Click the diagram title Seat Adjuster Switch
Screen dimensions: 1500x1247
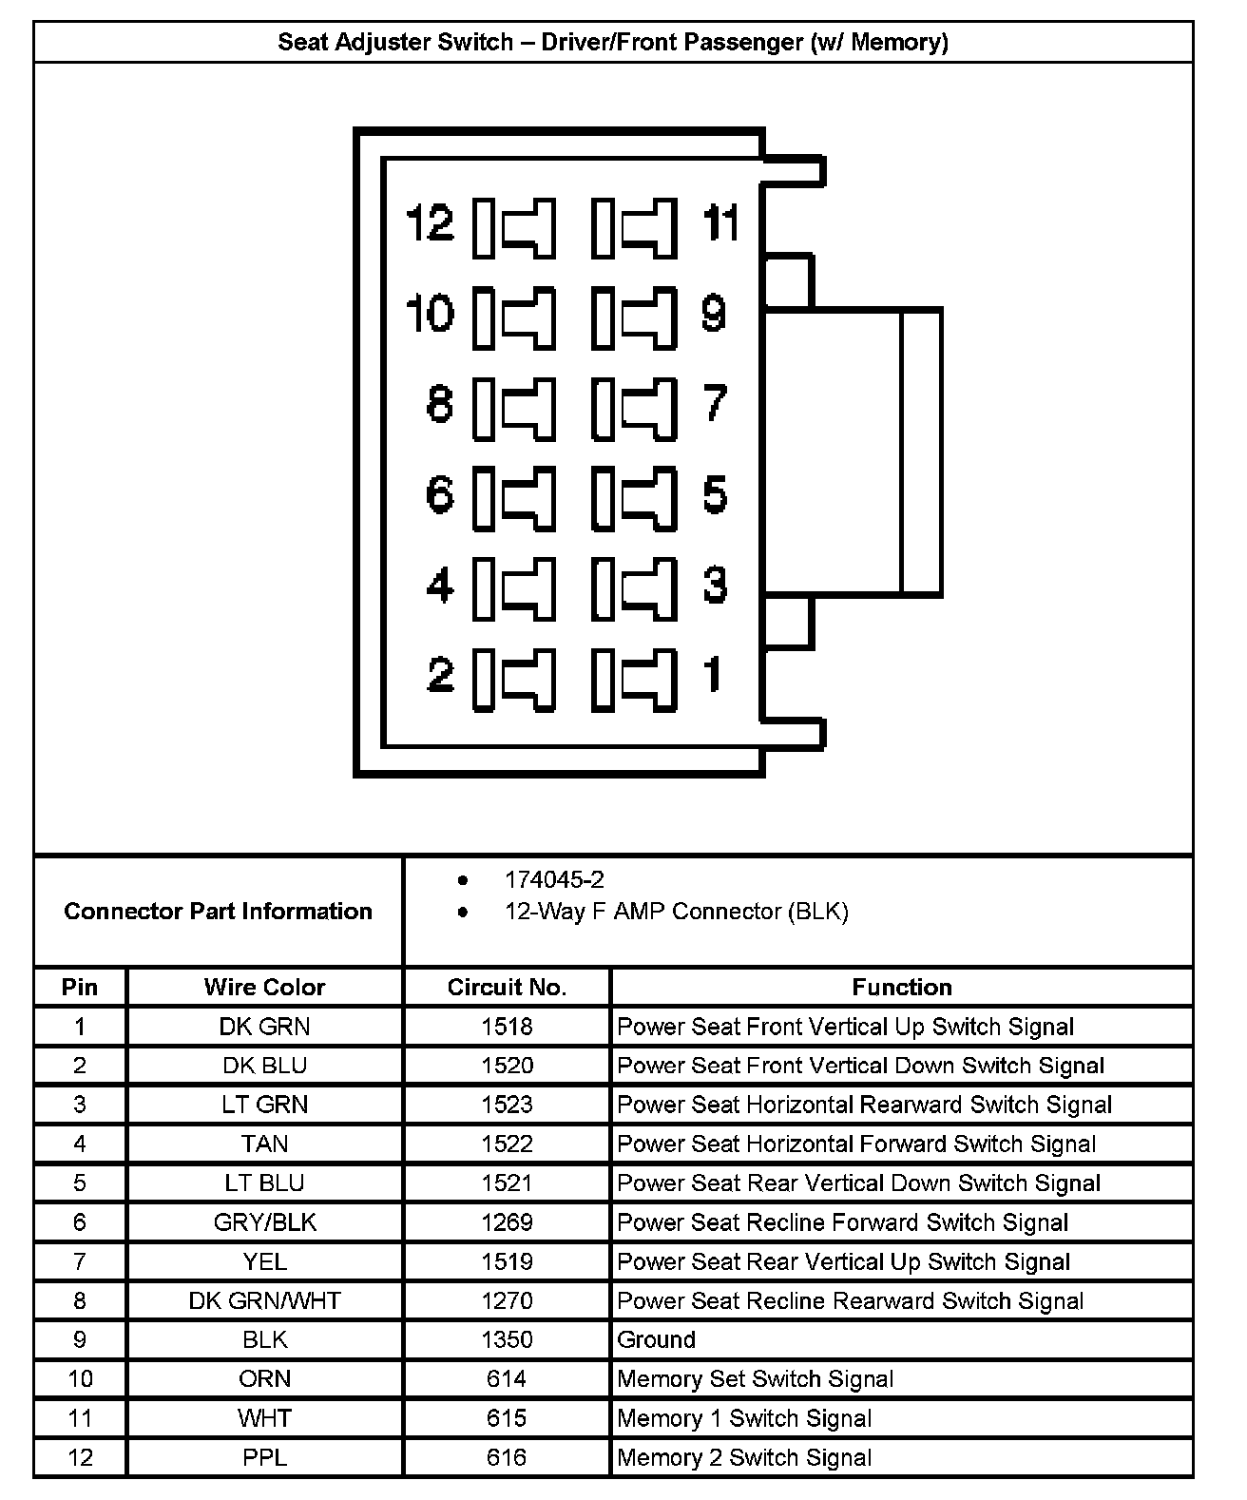[612, 42]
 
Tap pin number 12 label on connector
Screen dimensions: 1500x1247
[430, 224]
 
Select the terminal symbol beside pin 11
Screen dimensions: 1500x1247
[635, 228]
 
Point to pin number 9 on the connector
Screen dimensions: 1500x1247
[714, 314]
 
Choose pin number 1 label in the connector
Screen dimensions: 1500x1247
[712, 674]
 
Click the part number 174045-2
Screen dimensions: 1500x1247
[554, 879]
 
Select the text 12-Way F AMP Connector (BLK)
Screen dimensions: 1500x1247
[676, 912]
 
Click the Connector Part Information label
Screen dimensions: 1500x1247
[218, 911]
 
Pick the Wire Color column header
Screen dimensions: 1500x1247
[264, 987]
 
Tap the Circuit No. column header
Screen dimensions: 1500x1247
[507, 987]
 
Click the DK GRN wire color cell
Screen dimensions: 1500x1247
[264, 1027]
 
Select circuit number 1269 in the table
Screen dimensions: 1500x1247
[507, 1222]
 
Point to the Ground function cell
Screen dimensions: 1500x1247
[657, 1339]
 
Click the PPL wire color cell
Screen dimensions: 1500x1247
[264, 1457]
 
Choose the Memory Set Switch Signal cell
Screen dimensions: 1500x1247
[756, 1378]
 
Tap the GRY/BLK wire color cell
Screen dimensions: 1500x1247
[264, 1222]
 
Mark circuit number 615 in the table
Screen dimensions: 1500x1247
[507, 1418]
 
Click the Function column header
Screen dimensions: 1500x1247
[901, 987]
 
